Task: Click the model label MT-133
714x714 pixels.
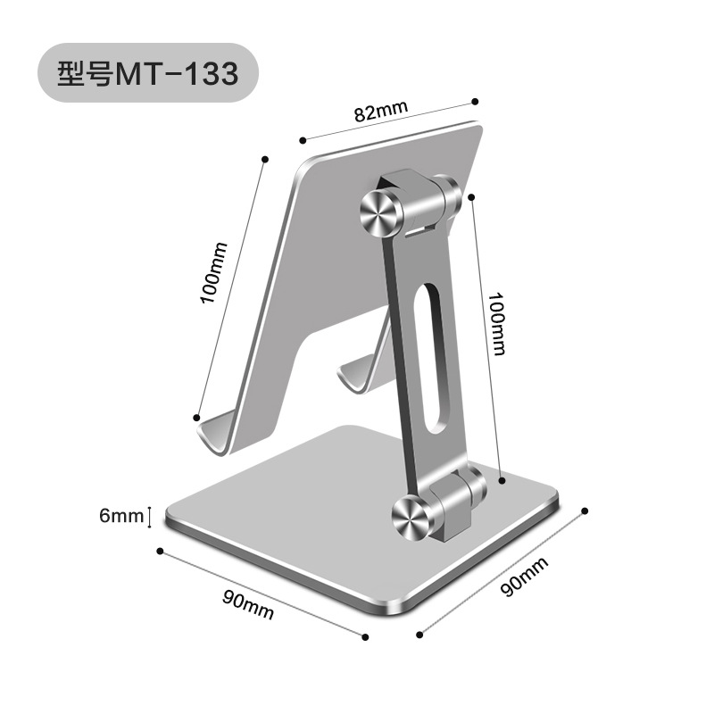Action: tap(177, 73)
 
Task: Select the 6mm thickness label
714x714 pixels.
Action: tap(121, 515)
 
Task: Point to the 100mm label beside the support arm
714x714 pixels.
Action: tap(496, 323)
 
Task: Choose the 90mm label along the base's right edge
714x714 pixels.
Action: tap(525, 577)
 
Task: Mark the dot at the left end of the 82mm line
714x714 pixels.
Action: tap(303, 140)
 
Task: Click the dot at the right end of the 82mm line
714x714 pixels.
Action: tap(476, 101)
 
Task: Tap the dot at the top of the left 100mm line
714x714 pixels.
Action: tap(264, 159)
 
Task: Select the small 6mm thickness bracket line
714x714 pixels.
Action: tap(150, 515)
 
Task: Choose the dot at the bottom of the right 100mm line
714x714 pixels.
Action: tap(503, 480)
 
